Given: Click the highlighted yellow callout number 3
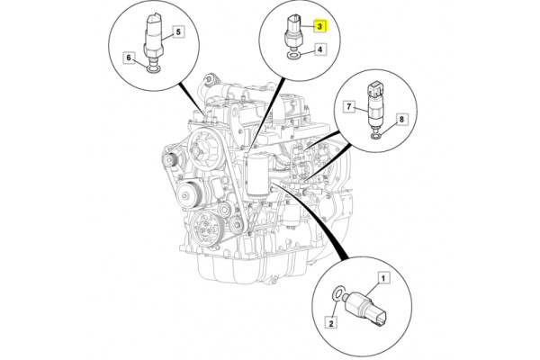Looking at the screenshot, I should click(x=321, y=28).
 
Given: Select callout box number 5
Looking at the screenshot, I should click(x=177, y=32).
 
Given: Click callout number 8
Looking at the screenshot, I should click(x=402, y=118).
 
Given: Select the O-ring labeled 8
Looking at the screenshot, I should click(x=373, y=135).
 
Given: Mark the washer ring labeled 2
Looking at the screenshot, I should click(x=337, y=292).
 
